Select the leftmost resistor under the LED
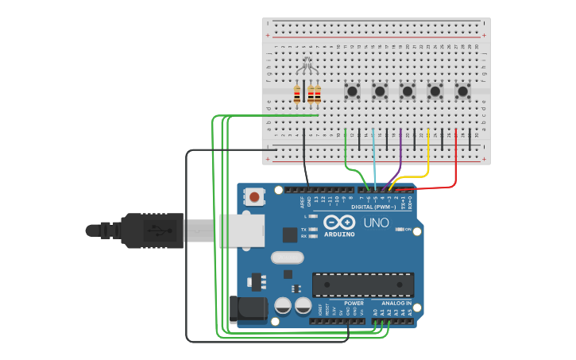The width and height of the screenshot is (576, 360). (297, 95)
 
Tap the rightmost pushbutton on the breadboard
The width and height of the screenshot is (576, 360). (462, 91)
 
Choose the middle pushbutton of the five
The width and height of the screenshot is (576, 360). (408, 91)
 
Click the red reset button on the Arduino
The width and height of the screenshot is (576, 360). (254, 196)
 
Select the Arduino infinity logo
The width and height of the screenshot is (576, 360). (340, 223)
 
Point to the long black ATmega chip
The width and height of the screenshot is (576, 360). (363, 285)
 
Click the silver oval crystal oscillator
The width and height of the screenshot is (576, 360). (287, 257)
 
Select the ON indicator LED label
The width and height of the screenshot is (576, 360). (408, 230)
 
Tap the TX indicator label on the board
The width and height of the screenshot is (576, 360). (304, 229)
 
